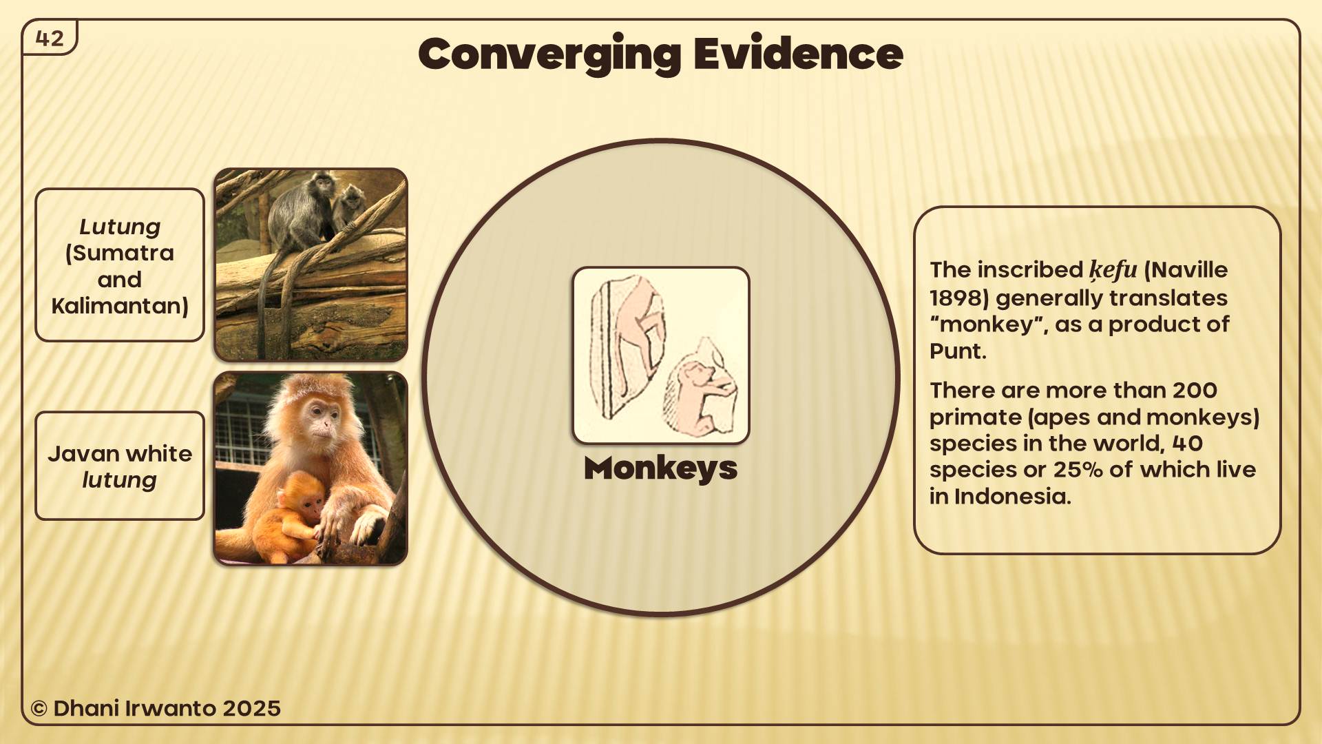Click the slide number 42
click(x=50, y=39)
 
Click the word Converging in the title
click(x=549, y=55)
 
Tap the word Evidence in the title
click(x=798, y=54)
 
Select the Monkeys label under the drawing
click(x=660, y=469)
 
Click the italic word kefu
click(x=1113, y=270)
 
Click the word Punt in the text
click(x=956, y=351)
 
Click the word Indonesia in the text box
click(x=1011, y=497)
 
